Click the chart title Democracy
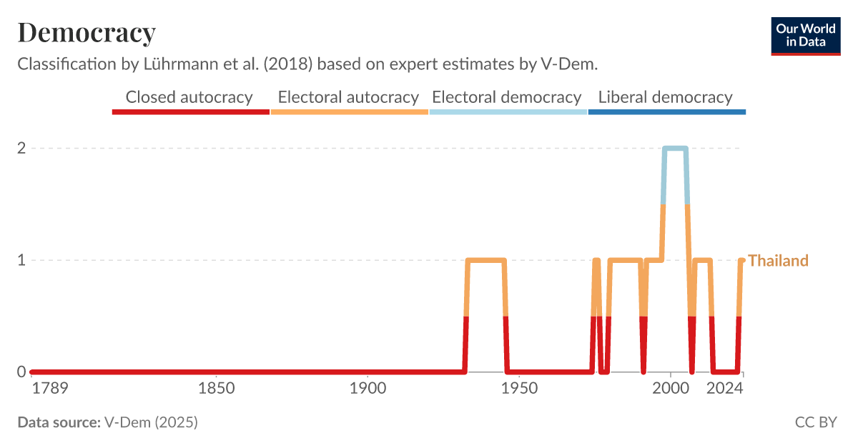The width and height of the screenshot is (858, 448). point(87,33)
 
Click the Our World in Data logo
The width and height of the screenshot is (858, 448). point(805,36)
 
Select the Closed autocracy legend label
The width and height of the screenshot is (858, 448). point(189,97)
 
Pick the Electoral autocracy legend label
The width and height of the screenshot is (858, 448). point(348,97)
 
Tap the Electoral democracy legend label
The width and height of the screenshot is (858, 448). point(507,97)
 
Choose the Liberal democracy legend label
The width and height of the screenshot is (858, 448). point(665,97)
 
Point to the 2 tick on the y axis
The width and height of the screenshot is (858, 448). point(21,149)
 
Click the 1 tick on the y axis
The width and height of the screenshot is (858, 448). point(21,260)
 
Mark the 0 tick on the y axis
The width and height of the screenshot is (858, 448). point(21,372)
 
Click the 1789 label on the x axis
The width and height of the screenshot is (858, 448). point(49,389)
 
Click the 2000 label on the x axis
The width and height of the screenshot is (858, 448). point(670,389)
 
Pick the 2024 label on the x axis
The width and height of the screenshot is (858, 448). point(725,389)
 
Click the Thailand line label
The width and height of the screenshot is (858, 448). point(778,261)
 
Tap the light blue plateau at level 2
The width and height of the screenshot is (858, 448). point(675,149)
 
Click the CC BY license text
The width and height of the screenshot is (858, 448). point(815,422)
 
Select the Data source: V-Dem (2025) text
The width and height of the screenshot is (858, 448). point(107,422)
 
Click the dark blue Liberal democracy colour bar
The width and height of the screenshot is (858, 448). point(666,112)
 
